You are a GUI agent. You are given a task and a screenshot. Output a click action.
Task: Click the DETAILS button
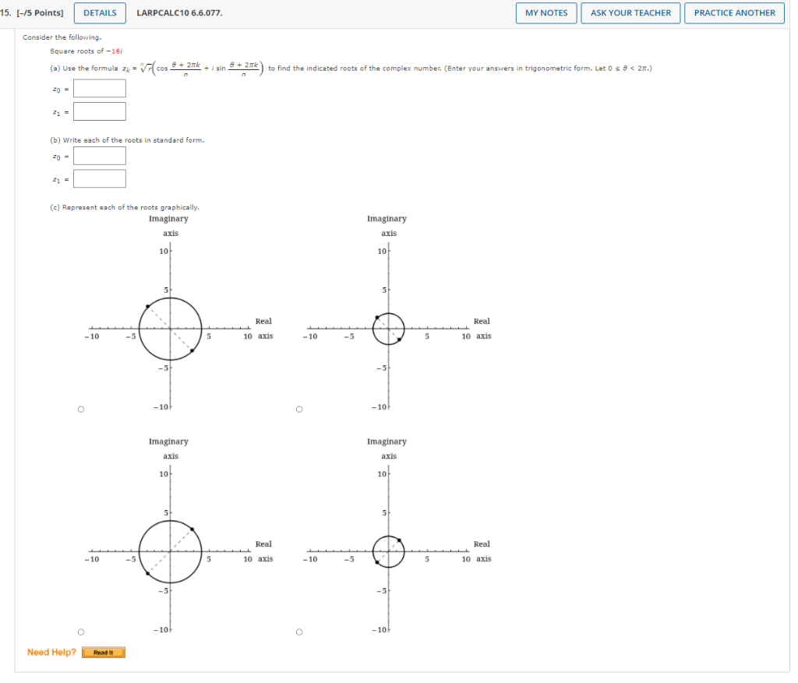click(x=100, y=12)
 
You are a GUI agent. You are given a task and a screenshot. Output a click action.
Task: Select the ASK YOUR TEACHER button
click(x=630, y=12)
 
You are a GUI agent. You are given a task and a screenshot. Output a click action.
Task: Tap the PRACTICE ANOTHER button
click(x=734, y=12)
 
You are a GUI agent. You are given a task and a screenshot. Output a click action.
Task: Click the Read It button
click(x=103, y=653)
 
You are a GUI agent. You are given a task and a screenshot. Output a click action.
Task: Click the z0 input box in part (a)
click(x=100, y=88)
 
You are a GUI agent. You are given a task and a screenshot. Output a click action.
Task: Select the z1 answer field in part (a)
click(x=100, y=111)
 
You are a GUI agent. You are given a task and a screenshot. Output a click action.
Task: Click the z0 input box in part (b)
click(x=100, y=156)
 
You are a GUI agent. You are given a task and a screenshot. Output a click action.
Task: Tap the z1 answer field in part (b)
click(x=100, y=179)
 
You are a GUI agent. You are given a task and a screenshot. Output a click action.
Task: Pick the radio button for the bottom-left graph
click(x=80, y=632)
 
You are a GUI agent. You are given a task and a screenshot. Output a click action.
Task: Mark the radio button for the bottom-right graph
click(x=298, y=632)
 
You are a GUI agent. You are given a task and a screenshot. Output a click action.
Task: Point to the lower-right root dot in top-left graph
click(x=192, y=351)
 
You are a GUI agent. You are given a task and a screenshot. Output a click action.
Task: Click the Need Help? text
click(x=51, y=653)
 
